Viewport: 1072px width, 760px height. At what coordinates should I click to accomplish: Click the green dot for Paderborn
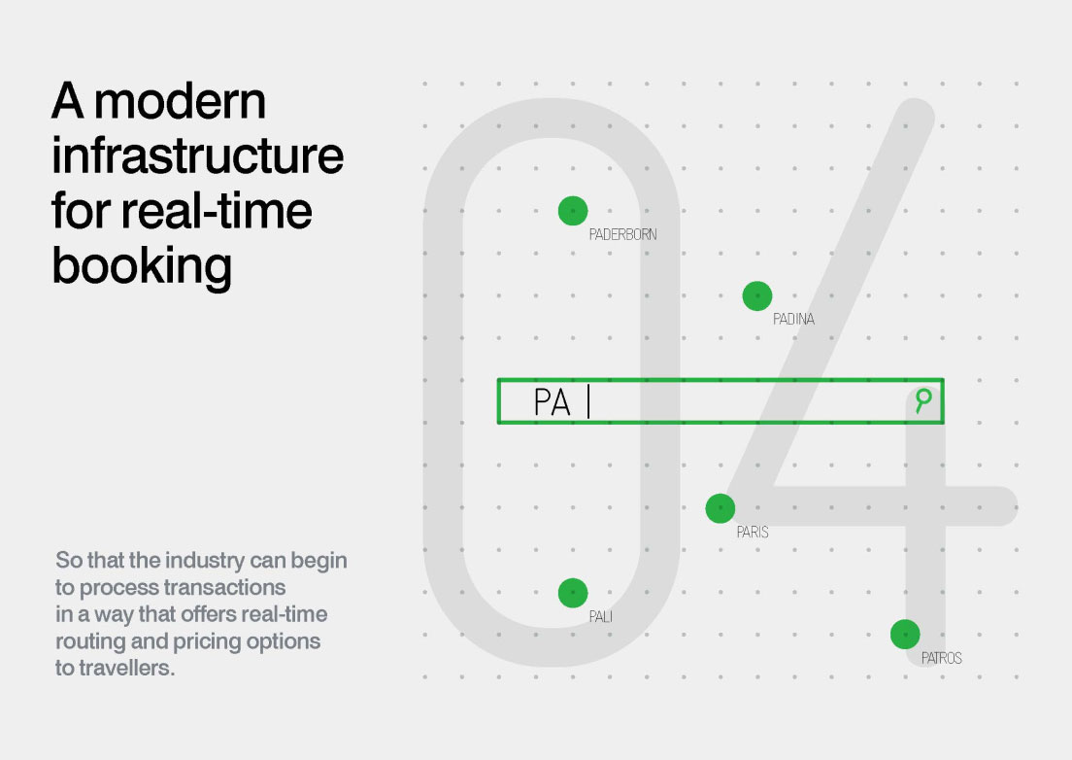[x=573, y=211]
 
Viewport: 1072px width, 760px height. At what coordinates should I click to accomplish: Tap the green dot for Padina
[x=756, y=295]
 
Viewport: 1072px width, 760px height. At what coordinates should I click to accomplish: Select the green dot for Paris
[x=720, y=508]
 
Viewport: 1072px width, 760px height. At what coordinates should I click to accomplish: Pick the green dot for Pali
[x=573, y=593]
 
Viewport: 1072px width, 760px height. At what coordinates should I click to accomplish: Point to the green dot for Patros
[x=905, y=634]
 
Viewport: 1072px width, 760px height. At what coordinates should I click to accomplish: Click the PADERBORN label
[x=622, y=234]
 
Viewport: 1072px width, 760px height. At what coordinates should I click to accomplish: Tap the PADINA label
[x=793, y=319]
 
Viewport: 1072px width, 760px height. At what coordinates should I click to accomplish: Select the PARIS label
[x=753, y=533]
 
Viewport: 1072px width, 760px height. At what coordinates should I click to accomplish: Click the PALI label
[x=601, y=617]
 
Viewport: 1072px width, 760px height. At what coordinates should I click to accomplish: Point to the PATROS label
[x=942, y=658]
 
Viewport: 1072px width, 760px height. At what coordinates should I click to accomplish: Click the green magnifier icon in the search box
[x=923, y=400]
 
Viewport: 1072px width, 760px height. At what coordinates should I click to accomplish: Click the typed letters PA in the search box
[x=552, y=402]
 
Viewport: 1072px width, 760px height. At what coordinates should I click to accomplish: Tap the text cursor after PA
[x=588, y=401]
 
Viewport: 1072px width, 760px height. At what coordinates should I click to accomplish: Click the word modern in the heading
[x=180, y=102]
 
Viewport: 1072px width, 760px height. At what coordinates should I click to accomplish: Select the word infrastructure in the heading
[x=197, y=155]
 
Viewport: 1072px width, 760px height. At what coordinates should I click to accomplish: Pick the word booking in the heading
[x=142, y=267]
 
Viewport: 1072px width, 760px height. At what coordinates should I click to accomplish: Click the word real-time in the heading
[x=217, y=210]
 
